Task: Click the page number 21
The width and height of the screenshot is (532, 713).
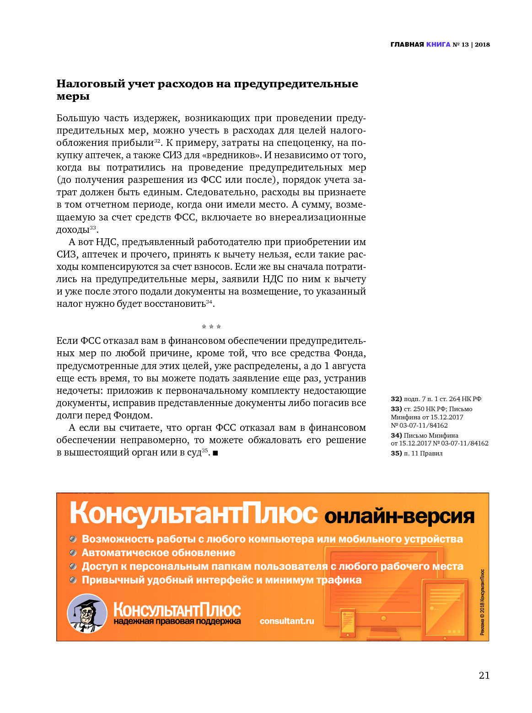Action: [x=484, y=675]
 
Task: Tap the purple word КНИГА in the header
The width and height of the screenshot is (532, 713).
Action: [x=438, y=44]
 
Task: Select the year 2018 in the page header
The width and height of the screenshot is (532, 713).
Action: [x=482, y=44]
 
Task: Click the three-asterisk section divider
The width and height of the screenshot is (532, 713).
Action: [x=211, y=327]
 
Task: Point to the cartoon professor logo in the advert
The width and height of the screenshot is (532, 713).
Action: [x=87, y=613]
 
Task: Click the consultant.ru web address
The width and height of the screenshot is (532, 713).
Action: [x=287, y=621]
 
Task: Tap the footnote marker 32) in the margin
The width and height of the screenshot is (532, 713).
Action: [x=396, y=399]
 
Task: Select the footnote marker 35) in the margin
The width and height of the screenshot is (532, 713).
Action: [x=396, y=453]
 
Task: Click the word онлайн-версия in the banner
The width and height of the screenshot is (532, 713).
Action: [x=399, y=516]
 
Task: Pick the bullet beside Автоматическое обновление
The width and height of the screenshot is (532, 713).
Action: [x=73, y=552]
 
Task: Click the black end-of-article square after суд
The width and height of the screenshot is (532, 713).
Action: [x=215, y=453]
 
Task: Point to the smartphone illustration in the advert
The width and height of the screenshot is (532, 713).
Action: [x=348, y=622]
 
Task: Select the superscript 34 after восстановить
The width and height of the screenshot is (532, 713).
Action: [x=209, y=302]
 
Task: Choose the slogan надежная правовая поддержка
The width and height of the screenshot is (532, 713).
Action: [x=177, y=621]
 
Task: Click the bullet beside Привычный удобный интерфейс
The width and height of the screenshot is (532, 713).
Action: [x=73, y=580]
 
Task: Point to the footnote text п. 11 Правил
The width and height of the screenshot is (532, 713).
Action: [x=423, y=453]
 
